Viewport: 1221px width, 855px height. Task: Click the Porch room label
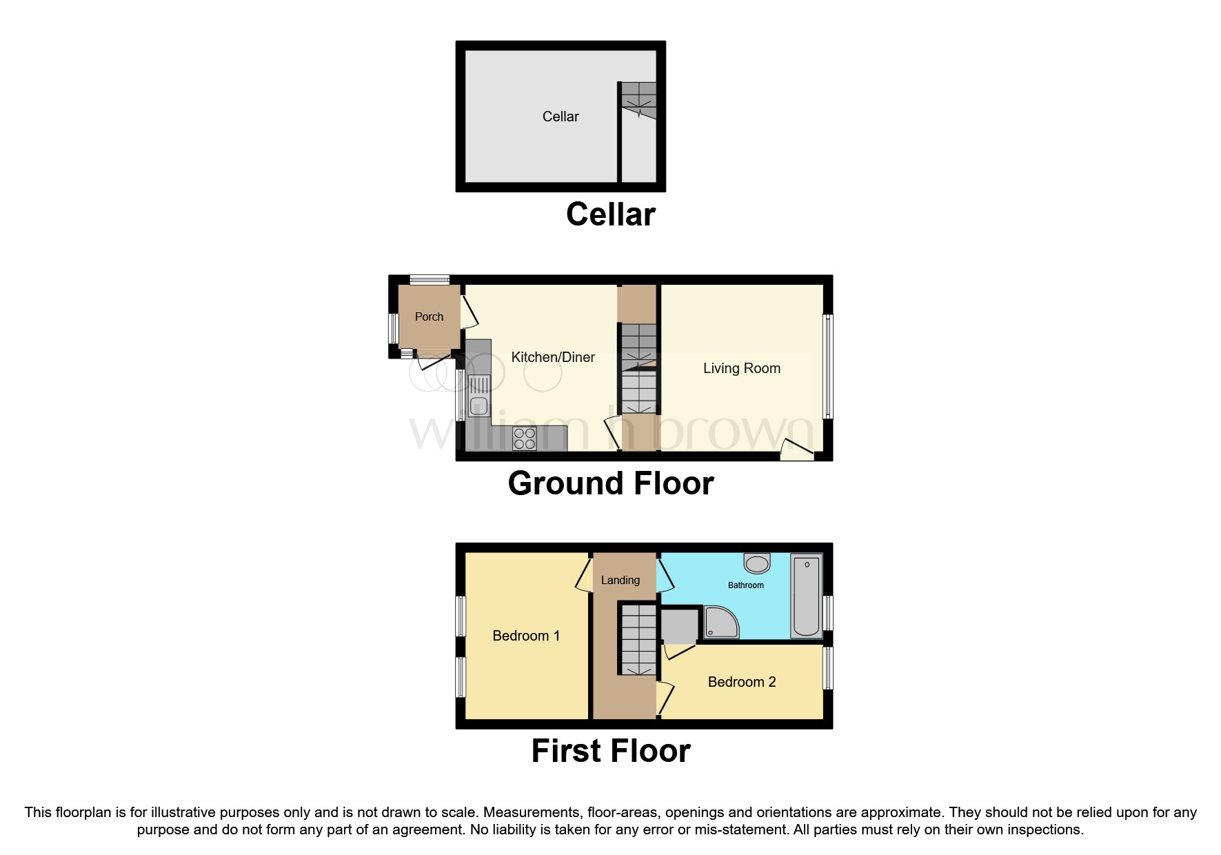[429, 316]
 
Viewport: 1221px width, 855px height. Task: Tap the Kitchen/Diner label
[553, 357]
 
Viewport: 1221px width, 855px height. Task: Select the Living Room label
[742, 368]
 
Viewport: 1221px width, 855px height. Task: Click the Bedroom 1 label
[526, 636]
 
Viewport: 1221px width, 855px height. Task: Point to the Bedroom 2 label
[742, 682]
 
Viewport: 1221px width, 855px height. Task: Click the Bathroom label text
[746, 585]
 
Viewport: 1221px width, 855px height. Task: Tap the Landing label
[620, 581]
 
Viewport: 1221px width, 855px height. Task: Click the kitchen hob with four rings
[525, 439]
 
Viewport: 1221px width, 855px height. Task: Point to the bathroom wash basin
[757, 563]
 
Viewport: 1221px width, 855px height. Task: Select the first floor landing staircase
[638, 639]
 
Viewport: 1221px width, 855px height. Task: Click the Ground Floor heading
[611, 483]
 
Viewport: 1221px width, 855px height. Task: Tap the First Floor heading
[611, 751]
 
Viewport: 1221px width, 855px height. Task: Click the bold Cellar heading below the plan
[611, 214]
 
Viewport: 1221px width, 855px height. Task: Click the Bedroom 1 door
[584, 575]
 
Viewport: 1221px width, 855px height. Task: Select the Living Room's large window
[829, 367]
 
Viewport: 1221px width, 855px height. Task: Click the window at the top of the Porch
[430, 279]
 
